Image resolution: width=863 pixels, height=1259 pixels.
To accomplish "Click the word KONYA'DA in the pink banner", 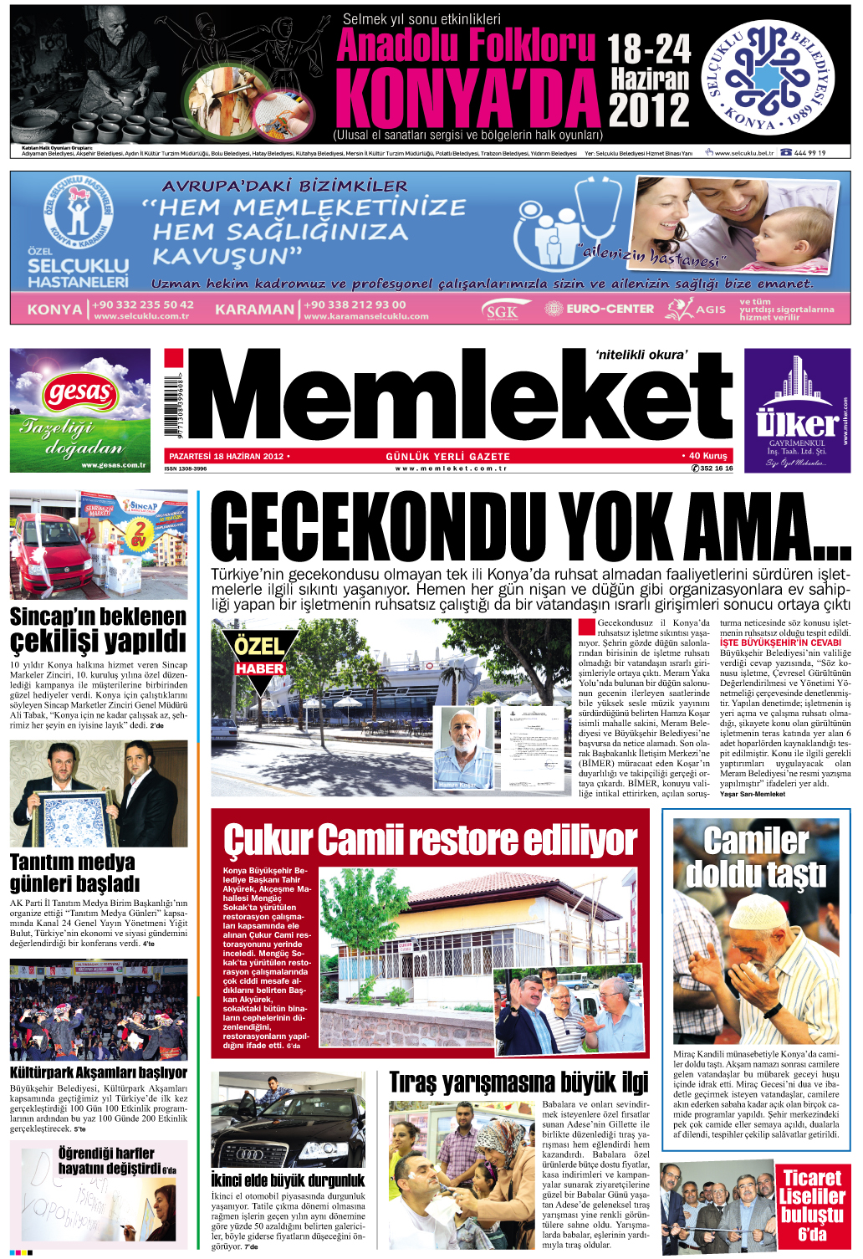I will (468, 99).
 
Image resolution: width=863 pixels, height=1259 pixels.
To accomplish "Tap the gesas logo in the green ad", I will (80, 392).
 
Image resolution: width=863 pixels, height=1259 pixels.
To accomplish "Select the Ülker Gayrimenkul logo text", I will (796, 423).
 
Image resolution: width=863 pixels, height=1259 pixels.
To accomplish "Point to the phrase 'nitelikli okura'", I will (641, 355).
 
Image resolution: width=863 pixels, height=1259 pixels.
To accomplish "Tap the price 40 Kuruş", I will (707, 456).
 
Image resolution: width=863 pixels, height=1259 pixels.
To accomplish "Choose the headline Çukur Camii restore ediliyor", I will (430, 840).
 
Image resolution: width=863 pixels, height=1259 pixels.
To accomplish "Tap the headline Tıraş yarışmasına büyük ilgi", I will (518, 1082).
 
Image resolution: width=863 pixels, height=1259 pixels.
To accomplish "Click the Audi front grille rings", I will (250, 1153).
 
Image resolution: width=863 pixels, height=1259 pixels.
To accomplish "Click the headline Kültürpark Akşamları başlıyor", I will (99, 1072).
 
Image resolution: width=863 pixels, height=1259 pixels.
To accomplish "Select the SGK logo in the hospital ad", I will (502, 311).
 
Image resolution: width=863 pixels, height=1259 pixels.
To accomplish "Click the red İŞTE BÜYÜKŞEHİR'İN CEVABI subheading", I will (780, 642).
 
